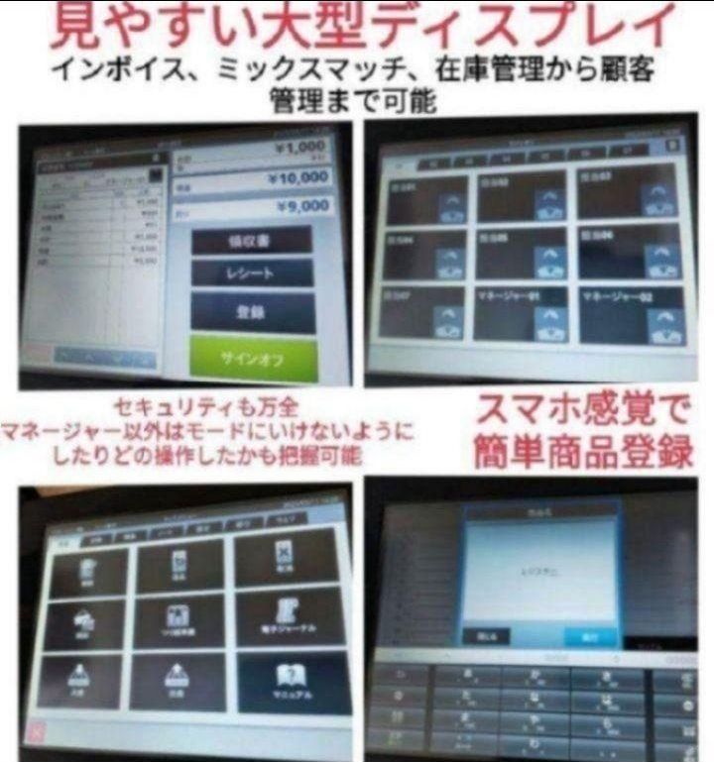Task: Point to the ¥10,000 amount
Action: point(297,177)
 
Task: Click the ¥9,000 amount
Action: point(299,207)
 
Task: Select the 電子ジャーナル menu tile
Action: point(291,619)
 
